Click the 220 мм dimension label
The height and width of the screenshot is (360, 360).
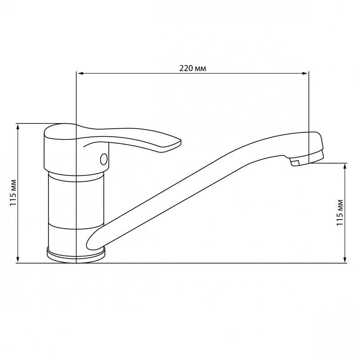coord(193,68)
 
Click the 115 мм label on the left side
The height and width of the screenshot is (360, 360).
coord(13,193)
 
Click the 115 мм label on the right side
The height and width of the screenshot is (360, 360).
coord(340,213)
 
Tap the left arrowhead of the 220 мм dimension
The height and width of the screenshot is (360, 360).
coord(81,73)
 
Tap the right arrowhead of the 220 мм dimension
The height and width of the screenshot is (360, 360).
coord(305,73)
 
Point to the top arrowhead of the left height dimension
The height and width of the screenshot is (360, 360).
coord(18,126)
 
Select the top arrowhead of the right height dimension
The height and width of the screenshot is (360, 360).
coord(345,166)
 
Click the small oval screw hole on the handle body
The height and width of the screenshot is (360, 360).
coord(104,159)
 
